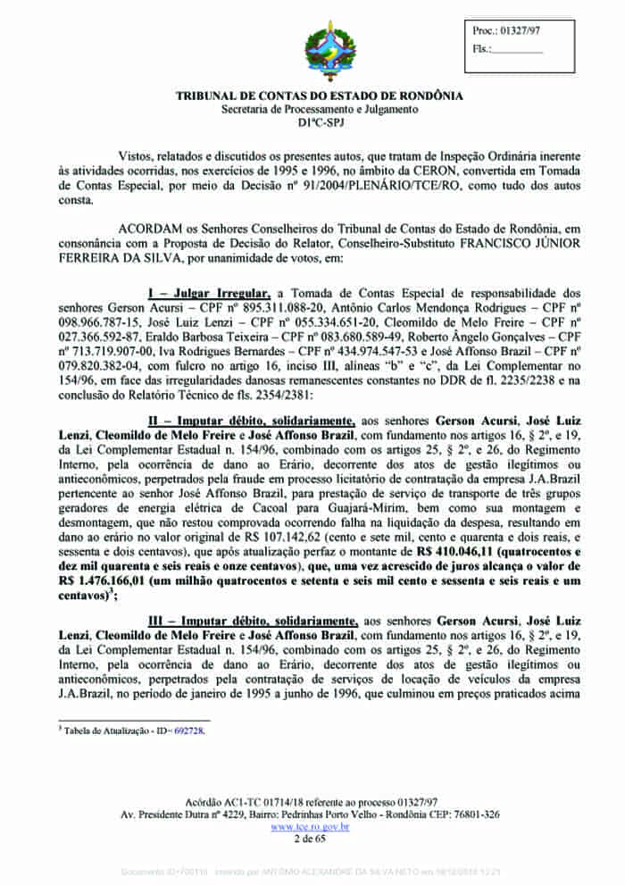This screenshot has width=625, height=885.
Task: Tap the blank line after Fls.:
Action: click(x=518, y=49)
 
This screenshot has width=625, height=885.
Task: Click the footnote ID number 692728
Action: click(x=189, y=731)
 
